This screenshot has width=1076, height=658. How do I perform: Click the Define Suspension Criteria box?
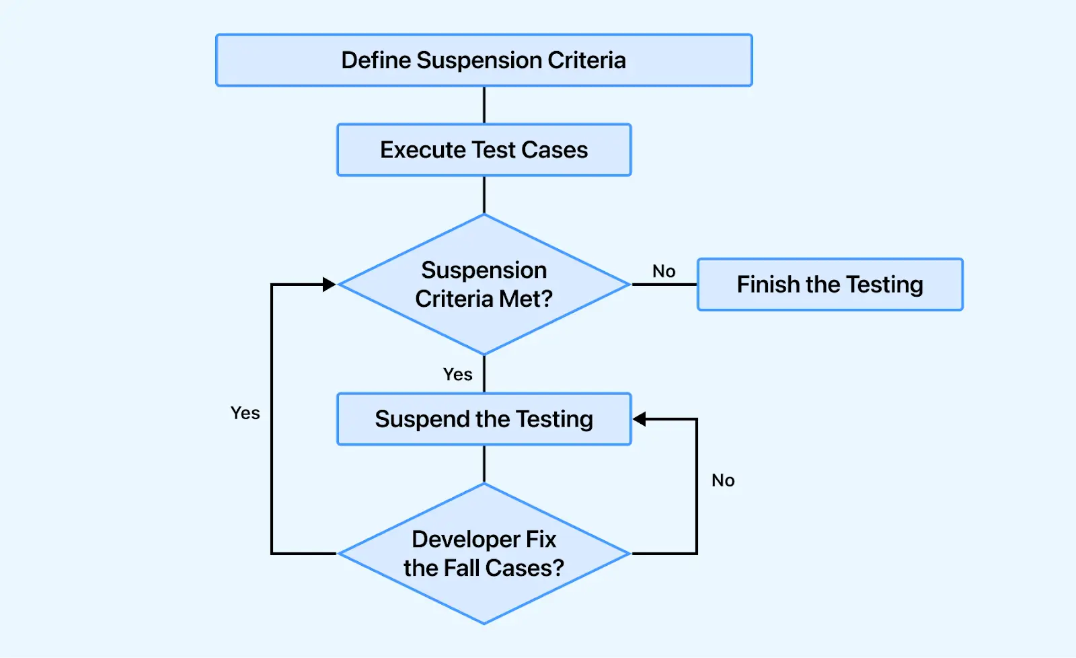484,60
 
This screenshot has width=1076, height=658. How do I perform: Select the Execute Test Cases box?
484,149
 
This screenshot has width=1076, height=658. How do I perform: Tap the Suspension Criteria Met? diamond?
484,285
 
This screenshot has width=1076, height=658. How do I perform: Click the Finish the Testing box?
830,285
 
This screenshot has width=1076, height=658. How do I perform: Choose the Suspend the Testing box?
484,419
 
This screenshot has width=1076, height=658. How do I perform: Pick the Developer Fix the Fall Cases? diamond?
484,554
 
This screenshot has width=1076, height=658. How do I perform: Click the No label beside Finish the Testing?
664,271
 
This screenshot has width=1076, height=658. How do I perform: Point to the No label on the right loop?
723,480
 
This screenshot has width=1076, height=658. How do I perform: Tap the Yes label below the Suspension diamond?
457,374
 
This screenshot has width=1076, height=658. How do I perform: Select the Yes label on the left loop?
245,413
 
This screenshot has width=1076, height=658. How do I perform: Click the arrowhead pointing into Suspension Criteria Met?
330,285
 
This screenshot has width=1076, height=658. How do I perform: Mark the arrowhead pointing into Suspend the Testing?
640,419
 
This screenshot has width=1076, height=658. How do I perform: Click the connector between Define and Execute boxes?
484,105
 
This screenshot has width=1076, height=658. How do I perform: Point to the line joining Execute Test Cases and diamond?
484,195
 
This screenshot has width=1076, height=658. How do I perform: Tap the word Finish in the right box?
767,285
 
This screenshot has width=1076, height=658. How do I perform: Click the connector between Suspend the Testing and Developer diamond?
484,464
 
